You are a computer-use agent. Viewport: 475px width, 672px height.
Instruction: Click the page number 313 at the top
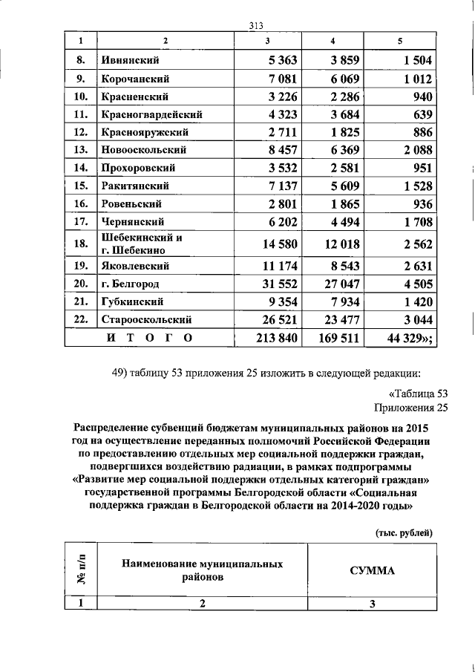tap(257, 24)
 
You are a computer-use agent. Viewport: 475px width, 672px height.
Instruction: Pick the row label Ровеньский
tap(130, 203)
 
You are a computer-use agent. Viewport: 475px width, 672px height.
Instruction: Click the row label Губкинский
tap(130, 302)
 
